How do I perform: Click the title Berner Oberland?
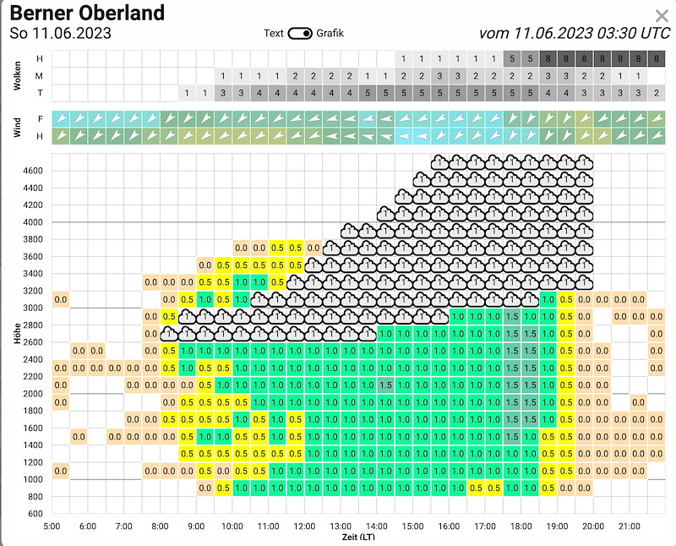click(x=87, y=13)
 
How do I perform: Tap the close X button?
click(x=662, y=16)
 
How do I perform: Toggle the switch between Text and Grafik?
click(x=300, y=33)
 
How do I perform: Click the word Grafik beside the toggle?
click(x=330, y=33)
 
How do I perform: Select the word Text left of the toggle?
click(x=273, y=33)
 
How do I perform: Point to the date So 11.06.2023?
click(x=60, y=33)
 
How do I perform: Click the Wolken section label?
click(x=17, y=76)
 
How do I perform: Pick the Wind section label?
click(x=17, y=128)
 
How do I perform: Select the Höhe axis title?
click(x=17, y=333)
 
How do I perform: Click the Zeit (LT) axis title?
click(x=358, y=538)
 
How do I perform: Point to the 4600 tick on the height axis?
click(x=33, y=171)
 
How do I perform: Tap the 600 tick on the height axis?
click(x=35, y=513)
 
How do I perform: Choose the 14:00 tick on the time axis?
click(x=377, y=527)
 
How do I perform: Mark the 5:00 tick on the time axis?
click(x=52, y=527)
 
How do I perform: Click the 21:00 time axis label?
click(x=630, y=527)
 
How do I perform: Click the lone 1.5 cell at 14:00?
click(x=386, y=385)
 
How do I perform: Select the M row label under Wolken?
click(x=39, y=76)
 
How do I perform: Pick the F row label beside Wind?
click(x=40, y=119)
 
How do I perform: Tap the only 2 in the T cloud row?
click(x=657, y=93)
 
